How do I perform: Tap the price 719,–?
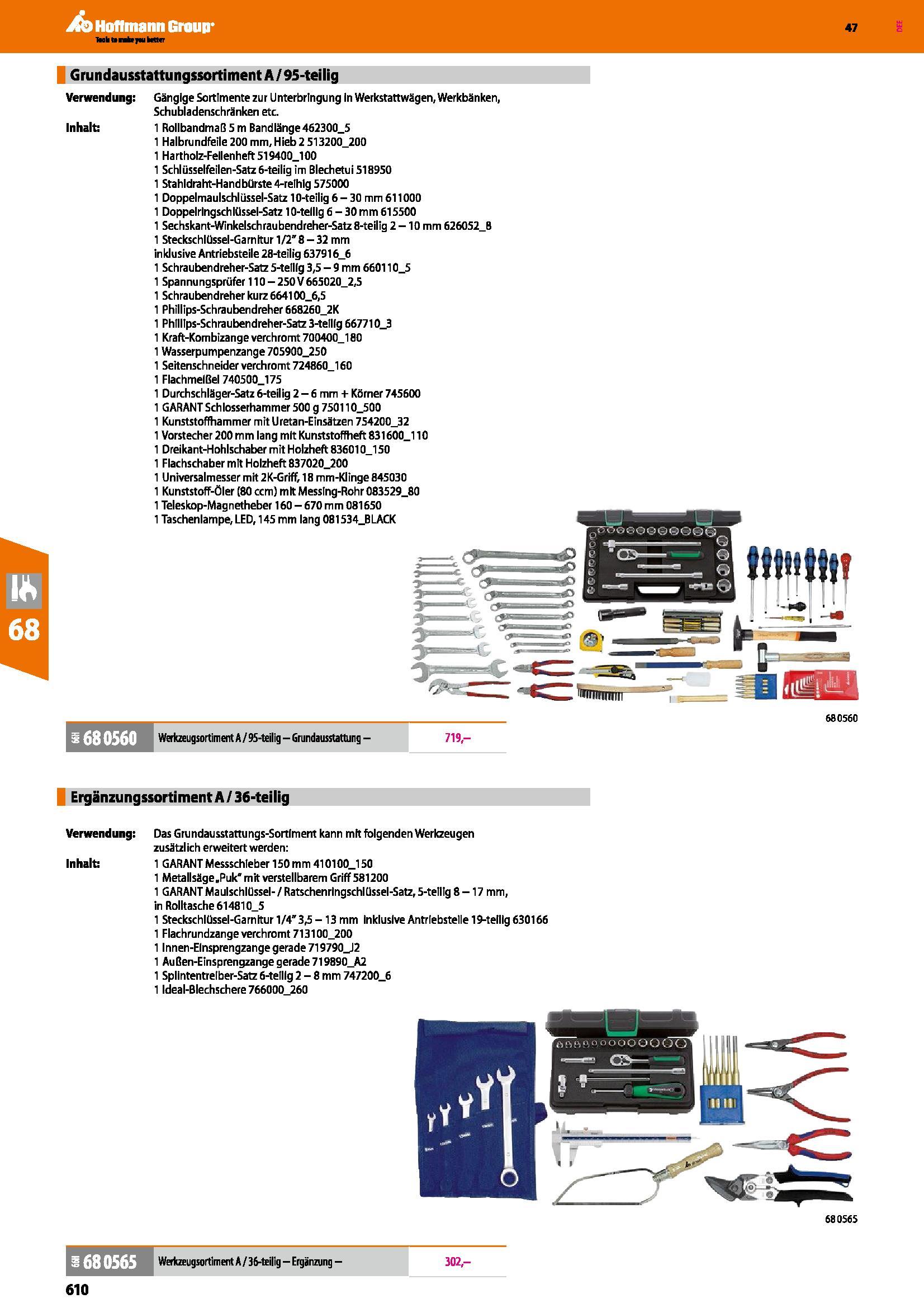pyautogui.click(x=458, y=738)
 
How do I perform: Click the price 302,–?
pyautogui.click(x=458, y=1261)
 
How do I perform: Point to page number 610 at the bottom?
pyautogui.click(x=78, y=1288)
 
